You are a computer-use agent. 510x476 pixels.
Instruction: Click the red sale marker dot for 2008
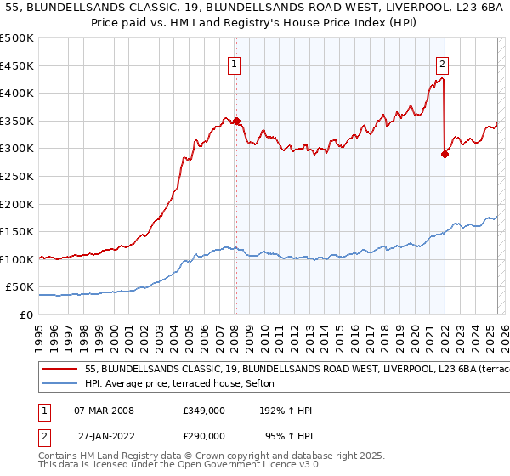(236, 122)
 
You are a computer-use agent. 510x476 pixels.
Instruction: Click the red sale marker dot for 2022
(445, 154)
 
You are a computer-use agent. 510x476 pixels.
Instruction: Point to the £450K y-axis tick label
(17, 65)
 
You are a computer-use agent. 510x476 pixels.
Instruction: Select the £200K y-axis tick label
(17, 204)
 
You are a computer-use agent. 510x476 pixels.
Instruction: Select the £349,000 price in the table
(203, 410)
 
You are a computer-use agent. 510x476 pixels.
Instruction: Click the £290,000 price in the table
(203, 437)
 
